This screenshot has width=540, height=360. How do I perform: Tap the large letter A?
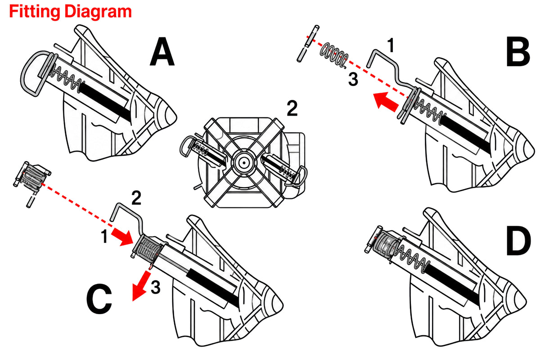[x=162, y=52]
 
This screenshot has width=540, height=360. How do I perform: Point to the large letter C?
[x=99, y=299]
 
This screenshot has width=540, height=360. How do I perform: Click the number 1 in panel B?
[x=391, y=45]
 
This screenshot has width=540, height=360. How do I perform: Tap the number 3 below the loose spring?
[x=353, y=79]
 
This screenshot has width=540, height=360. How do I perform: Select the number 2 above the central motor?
[x=292, y=108]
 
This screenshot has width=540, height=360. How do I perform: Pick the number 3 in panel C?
[x=156, y=287]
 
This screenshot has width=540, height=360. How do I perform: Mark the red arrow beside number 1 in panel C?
[x=122, y=237]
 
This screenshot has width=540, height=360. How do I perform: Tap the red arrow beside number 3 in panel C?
[x=140, y=285]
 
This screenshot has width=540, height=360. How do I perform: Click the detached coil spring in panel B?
[x=334, y=54]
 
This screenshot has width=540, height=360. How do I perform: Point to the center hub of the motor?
[x=244, y=163]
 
